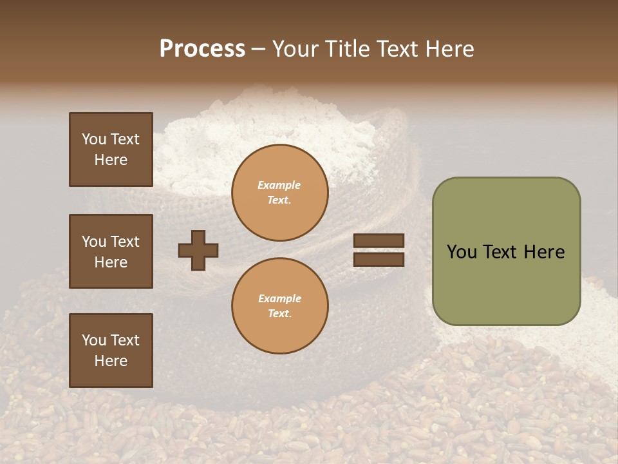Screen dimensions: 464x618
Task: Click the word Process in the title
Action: tap(202, 49)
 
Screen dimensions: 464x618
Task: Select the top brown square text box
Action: tap(111, 150)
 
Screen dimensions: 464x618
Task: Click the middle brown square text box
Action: tap(111, 251)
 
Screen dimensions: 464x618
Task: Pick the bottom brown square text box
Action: tap(111, 351)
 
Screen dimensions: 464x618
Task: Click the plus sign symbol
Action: tap(198, 250)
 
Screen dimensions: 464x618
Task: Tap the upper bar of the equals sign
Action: tap(379, 240)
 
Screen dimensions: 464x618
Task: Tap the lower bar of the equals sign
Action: tap(379, 260)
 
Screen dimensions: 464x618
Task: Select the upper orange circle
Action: tap(280, 192)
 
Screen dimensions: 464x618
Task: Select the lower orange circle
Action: tap(280, 305)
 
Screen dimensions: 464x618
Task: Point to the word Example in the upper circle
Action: tap(279, 185)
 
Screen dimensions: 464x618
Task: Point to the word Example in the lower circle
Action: tap(279, 298)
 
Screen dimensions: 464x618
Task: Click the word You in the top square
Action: tap(93, 139)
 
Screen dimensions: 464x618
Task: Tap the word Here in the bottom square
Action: tap(111, 361)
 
